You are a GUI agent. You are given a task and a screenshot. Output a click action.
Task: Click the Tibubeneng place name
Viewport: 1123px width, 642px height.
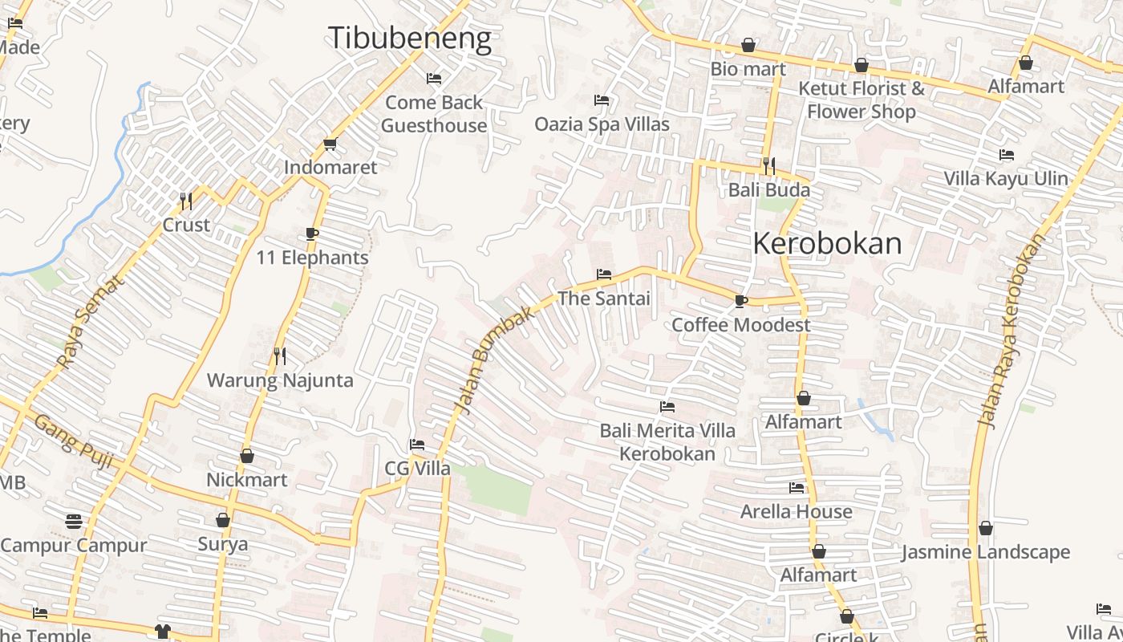pyautogui.click(x=410, y=38)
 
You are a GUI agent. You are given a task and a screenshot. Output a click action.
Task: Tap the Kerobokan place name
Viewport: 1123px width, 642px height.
pyautogui.click(x=827, y=243)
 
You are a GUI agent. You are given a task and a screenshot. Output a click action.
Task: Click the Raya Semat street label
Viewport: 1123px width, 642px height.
pyautogui.click(x=91, y=322)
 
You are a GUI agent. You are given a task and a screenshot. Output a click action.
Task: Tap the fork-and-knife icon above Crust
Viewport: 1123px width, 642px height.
pyautogui.click(x=186, y=201)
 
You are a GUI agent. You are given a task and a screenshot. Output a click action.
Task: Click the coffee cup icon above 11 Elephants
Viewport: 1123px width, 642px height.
pyautogui.click(x=312, y=234)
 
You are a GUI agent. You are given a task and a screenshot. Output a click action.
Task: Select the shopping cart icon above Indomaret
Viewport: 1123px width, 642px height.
pyautogui.click(x=330, y=144)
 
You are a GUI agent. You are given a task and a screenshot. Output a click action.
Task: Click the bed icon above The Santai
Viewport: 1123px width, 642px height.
pyautogui.click(x=604, y=274)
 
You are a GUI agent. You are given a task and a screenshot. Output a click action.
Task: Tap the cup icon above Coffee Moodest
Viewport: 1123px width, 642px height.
pyautogui.click(x=740, y=301)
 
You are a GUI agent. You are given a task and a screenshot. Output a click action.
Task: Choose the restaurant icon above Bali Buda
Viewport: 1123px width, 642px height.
pyautogui.click(x=768, y=166)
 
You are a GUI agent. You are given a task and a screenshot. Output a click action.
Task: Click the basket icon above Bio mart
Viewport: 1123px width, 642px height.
pyautogui.click(x=748, y=45)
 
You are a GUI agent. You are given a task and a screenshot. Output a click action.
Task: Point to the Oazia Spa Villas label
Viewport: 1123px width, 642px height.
pyautogui.click(x=602, y=124)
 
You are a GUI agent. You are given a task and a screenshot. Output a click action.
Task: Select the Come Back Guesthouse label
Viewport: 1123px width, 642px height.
pyautogui.click(x=434, y=114)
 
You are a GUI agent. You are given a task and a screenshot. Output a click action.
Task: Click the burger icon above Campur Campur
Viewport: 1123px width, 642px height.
pyautogui.click(x=73, y=522)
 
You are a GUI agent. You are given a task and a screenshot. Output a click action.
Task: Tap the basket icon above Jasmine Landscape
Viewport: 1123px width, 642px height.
pyautogui.click(x=985, y=528)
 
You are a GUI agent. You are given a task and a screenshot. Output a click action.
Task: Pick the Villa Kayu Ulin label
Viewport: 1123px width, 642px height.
pyautogui.click(x=1006, y=178)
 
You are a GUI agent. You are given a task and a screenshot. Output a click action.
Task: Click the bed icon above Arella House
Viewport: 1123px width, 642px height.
pyautogui.click(x=796, y=487)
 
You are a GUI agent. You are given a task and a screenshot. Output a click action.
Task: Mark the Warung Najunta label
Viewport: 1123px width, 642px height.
pyautogui.click(x=280, y=380)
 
